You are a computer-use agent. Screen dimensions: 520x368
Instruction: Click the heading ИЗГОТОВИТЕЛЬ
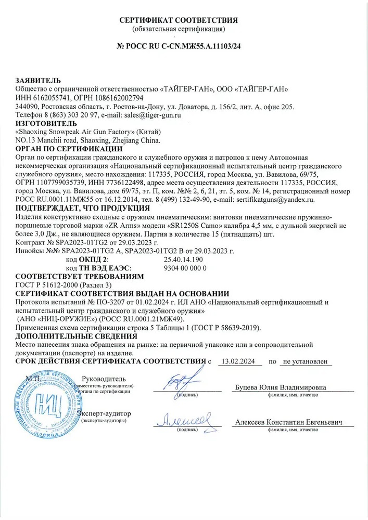tap(44, 124)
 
